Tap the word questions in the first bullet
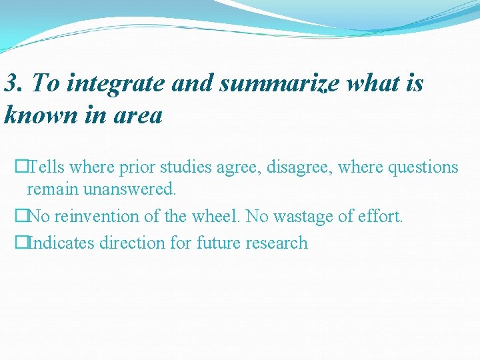[419, 167]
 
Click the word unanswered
[130, 189]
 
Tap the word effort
[381, 217]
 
